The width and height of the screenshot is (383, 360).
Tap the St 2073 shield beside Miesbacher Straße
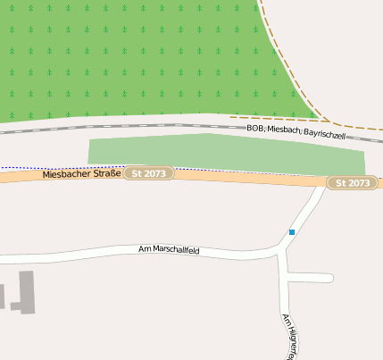coord(148,172)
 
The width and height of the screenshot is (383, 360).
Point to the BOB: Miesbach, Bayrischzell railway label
coord(296,131)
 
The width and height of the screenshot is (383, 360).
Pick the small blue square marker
coord(291,232)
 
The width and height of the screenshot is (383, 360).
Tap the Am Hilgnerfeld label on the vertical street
coord(287,336)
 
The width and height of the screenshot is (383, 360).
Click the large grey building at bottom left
coord(26,290)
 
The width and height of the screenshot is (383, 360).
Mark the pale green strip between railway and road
coord(223,153)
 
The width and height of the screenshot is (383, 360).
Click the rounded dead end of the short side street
coord(329,278)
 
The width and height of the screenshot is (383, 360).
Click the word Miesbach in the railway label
coord(285,131)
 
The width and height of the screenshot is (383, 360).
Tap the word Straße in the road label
coord(106,172)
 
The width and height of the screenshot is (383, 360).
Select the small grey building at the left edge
coord(2,296)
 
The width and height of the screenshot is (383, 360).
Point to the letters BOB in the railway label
coord(255,130)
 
